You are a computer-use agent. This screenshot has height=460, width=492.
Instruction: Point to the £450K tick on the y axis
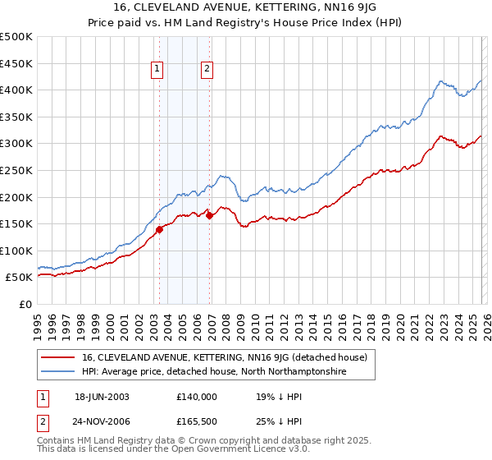click(16, 63)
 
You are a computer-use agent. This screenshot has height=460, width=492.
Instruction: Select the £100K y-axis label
click(16, 251)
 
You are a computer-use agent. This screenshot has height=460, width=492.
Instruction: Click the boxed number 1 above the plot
click(156, 70)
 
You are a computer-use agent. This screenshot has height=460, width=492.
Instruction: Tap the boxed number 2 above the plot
click(207, 70)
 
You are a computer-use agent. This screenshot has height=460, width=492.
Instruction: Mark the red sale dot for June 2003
click(159, 229)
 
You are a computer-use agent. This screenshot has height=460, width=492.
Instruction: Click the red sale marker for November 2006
click(209, 216)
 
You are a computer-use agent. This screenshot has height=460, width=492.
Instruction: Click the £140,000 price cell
click(197, 396)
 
